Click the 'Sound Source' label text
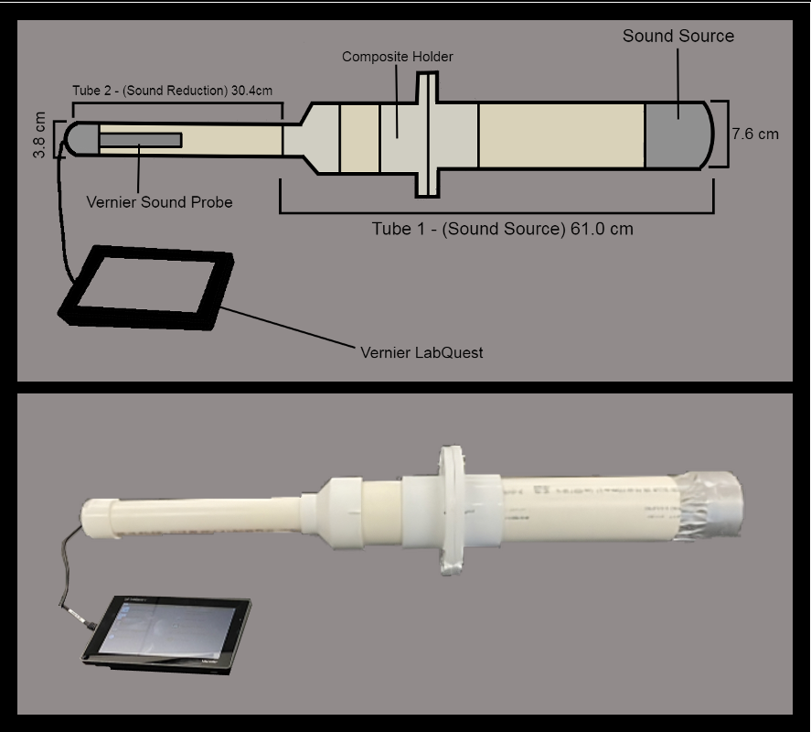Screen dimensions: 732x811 click(678, 37)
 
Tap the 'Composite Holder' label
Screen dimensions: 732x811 click(397, 57)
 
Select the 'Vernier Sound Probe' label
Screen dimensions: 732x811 click(159, 201)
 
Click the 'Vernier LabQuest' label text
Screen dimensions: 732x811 click(422, 351)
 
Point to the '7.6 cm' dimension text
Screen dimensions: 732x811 click(754, 134)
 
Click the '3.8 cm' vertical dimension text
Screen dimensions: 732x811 click(39, 135)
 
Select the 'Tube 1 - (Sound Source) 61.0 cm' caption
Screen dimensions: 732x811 click(502, 229)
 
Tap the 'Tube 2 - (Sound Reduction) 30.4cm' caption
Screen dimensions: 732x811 click(173, 91)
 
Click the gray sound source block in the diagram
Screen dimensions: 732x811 click(677, 135)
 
